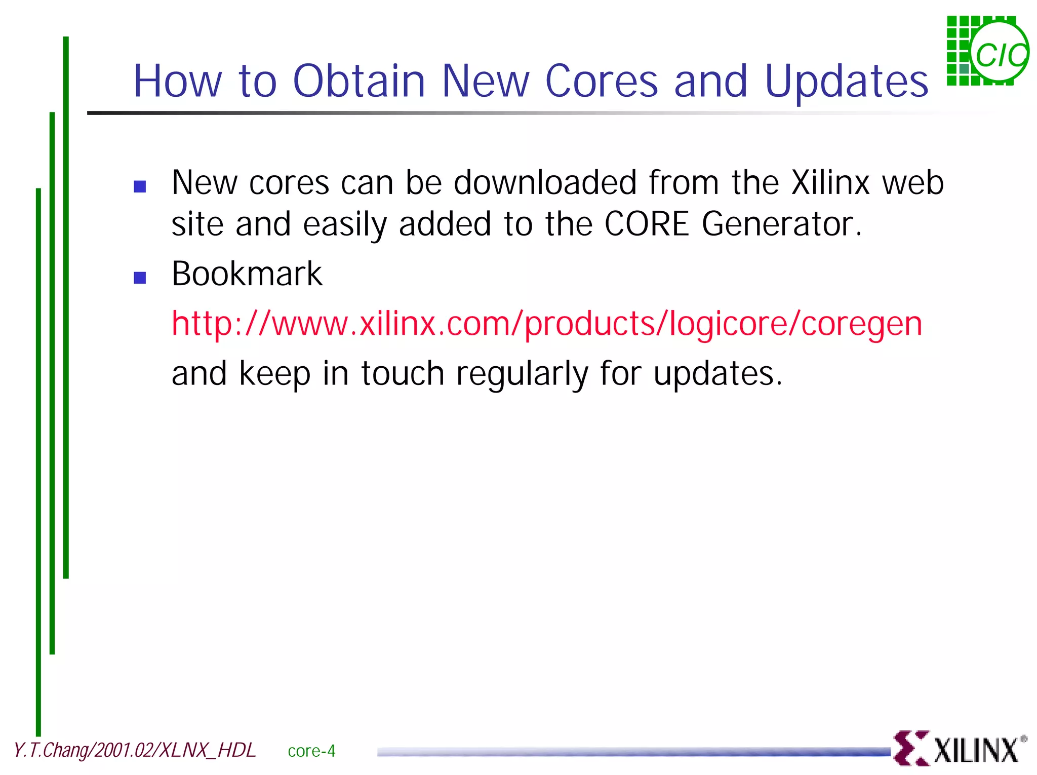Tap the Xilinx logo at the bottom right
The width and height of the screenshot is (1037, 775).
[x=959, y=748]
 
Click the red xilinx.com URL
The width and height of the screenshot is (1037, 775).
[x=546, y=324]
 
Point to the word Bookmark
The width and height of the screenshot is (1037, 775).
[x=247, y=274]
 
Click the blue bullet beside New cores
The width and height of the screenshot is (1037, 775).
[x=140, y=187]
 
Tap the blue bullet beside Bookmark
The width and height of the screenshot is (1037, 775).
[x=140, y=278]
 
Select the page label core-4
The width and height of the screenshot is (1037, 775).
[x=311, y=751]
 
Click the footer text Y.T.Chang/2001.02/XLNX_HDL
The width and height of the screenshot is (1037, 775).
[x=134, y=750]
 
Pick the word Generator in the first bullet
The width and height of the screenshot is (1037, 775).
[x=781, y=224]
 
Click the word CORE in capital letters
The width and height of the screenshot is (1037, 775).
[x=647, y=224]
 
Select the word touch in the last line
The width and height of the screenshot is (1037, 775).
[x=403, y=374]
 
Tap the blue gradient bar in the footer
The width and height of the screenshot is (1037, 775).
[x=633, y=752]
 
